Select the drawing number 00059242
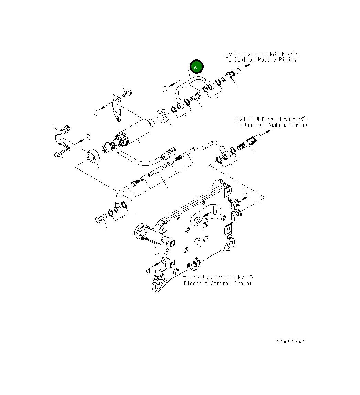[290, 342]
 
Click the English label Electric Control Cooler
[218, 284]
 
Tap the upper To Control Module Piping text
[261, 60]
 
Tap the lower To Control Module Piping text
[271, 125]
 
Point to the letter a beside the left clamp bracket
[88, 137]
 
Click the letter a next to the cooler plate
[148, 269]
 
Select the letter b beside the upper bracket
[96, 112]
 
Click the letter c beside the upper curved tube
[165, 89]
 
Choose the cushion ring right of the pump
[163, 116]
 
